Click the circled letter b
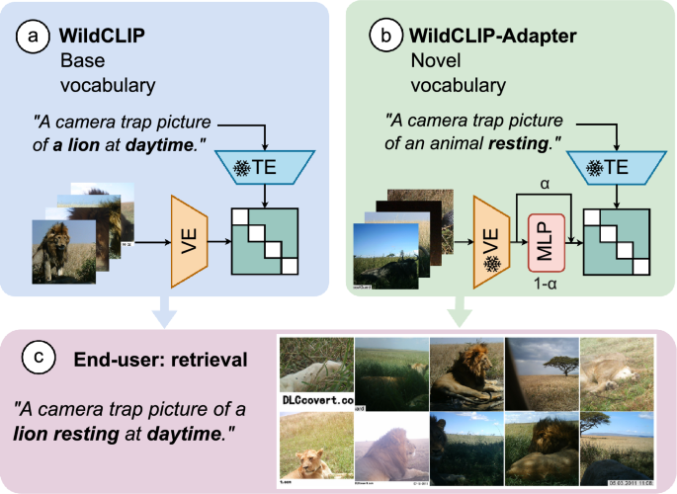coord(385,38)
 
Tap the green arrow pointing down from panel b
coord(458,313)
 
